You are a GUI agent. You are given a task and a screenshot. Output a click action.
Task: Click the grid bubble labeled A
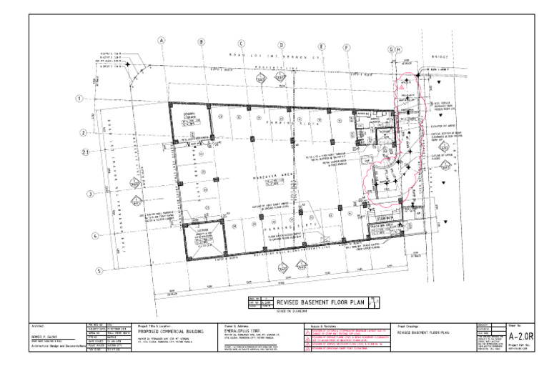point(162,41)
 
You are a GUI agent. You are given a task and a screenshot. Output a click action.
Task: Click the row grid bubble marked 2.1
point(84,152)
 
